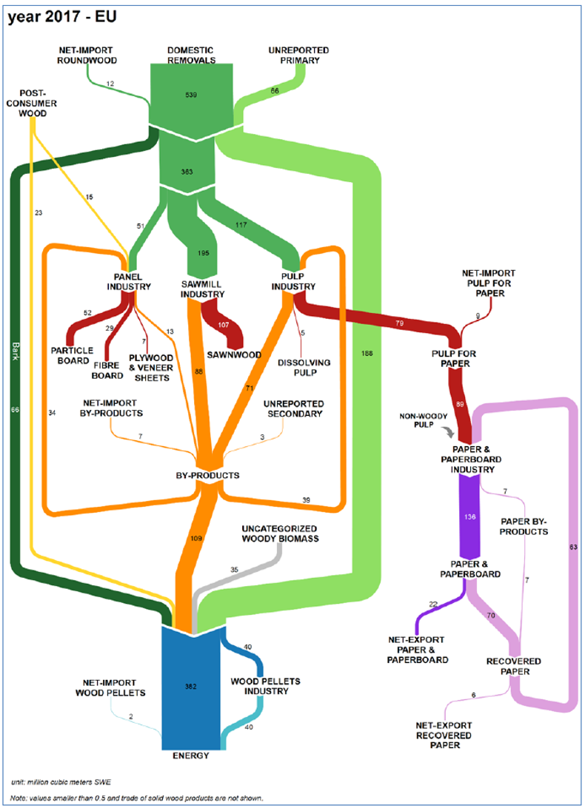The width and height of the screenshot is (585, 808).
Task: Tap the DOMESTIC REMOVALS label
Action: [x=191, y=55]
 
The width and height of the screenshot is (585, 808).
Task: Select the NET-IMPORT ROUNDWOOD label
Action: [x=87, y=55]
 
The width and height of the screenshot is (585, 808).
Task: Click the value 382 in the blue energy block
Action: [x=192, y=687]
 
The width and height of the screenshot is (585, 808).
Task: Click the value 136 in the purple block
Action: [x=469, y=517]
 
